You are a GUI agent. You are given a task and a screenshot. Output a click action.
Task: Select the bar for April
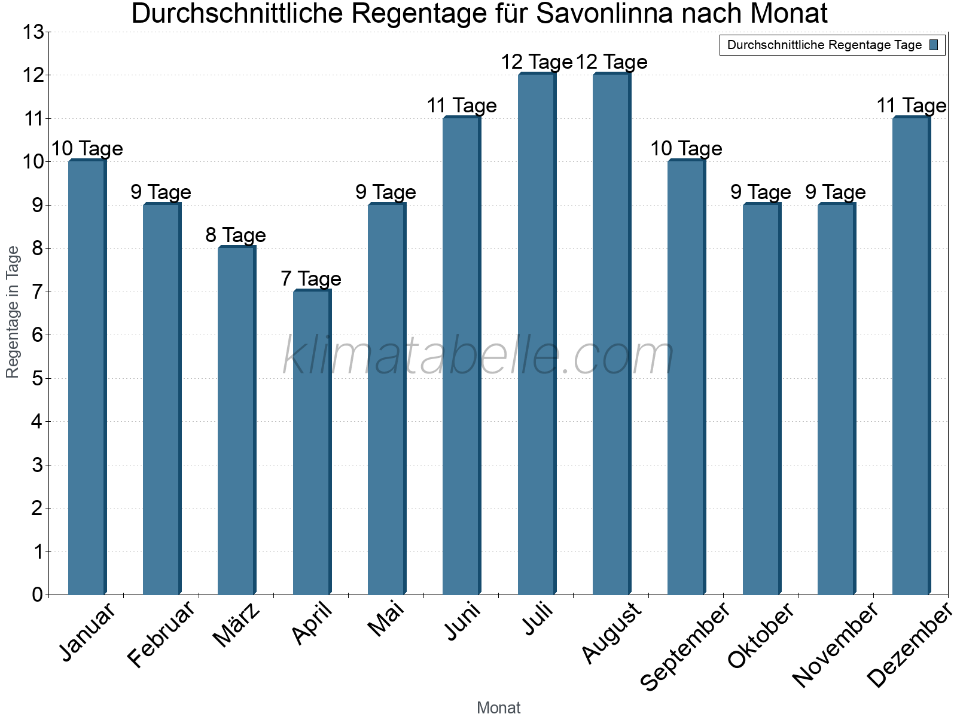click(312, 442)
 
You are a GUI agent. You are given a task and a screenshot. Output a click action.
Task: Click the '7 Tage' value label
click(311, 279)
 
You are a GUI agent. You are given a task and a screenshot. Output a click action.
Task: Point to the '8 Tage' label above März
click(236, 235)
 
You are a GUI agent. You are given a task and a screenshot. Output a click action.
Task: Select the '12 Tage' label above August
click(611, 62)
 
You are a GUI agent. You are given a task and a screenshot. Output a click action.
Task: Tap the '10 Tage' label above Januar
click(87, 149)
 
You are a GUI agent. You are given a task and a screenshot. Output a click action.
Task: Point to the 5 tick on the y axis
click(37, 379)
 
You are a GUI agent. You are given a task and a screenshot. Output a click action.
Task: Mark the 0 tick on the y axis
click(37, 595)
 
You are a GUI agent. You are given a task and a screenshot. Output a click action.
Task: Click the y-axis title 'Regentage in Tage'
click(13, 312)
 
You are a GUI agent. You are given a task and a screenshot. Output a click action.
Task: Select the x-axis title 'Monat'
click(498, 708)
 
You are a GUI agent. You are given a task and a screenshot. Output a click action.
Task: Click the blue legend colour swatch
click(934, 45)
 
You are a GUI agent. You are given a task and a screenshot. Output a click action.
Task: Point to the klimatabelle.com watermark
click(478, 356)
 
